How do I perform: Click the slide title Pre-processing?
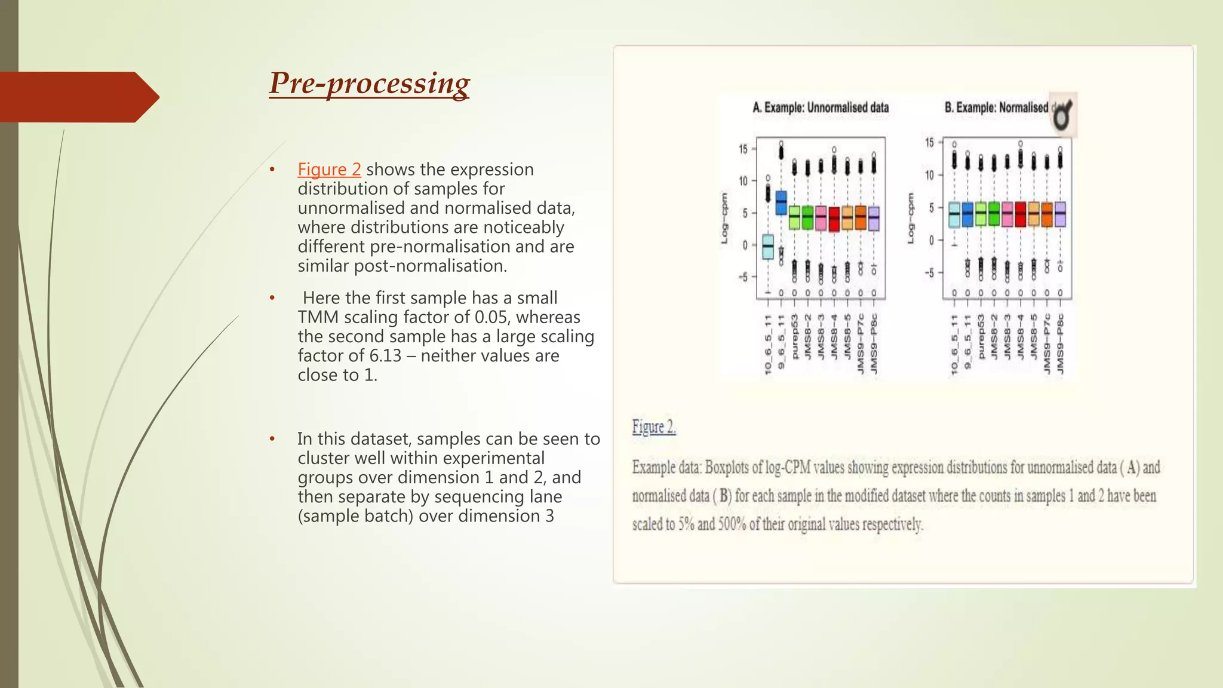tap(369, 84)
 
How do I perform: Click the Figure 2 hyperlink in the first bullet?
tap(329, 170)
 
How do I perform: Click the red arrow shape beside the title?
tap(78, 97)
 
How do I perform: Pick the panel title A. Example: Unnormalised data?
tap(821, 108)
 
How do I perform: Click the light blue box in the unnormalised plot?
tap(768, 246)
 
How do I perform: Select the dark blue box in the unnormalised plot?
tap(781, 203)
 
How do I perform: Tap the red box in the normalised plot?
tap(1021, 214)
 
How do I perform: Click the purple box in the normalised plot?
tap(1061, 214)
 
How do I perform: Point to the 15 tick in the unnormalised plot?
tap(743, 149)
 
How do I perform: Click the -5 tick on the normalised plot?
tap(929, 273)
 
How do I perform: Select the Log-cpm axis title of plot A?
tap(724, 218)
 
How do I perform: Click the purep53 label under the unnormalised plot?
tap(794, 337)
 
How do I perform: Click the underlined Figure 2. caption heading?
tap(654, 428)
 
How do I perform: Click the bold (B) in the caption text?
tap(723, 496)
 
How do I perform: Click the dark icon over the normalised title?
tap(1063, 115)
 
